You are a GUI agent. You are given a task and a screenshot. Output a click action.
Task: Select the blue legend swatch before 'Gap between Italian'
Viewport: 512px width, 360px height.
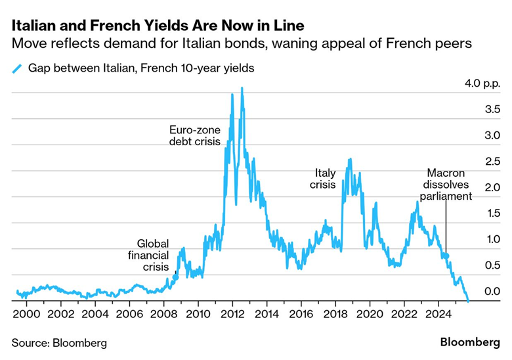pos(17,68)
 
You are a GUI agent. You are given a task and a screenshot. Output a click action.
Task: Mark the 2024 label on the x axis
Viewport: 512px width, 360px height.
pos(437,314)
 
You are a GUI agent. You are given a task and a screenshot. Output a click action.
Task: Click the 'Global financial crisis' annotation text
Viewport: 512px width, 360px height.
pos(153,255)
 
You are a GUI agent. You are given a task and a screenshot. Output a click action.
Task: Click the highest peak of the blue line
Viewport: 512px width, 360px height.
pos(242,88)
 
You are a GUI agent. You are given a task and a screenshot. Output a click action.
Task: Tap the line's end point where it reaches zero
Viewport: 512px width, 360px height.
pos(467,301)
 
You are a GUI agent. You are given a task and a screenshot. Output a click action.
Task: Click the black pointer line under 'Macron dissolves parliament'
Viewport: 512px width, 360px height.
pos(446,227)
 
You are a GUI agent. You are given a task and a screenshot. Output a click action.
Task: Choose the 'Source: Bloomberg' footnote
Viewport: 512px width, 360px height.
pos(59,343)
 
